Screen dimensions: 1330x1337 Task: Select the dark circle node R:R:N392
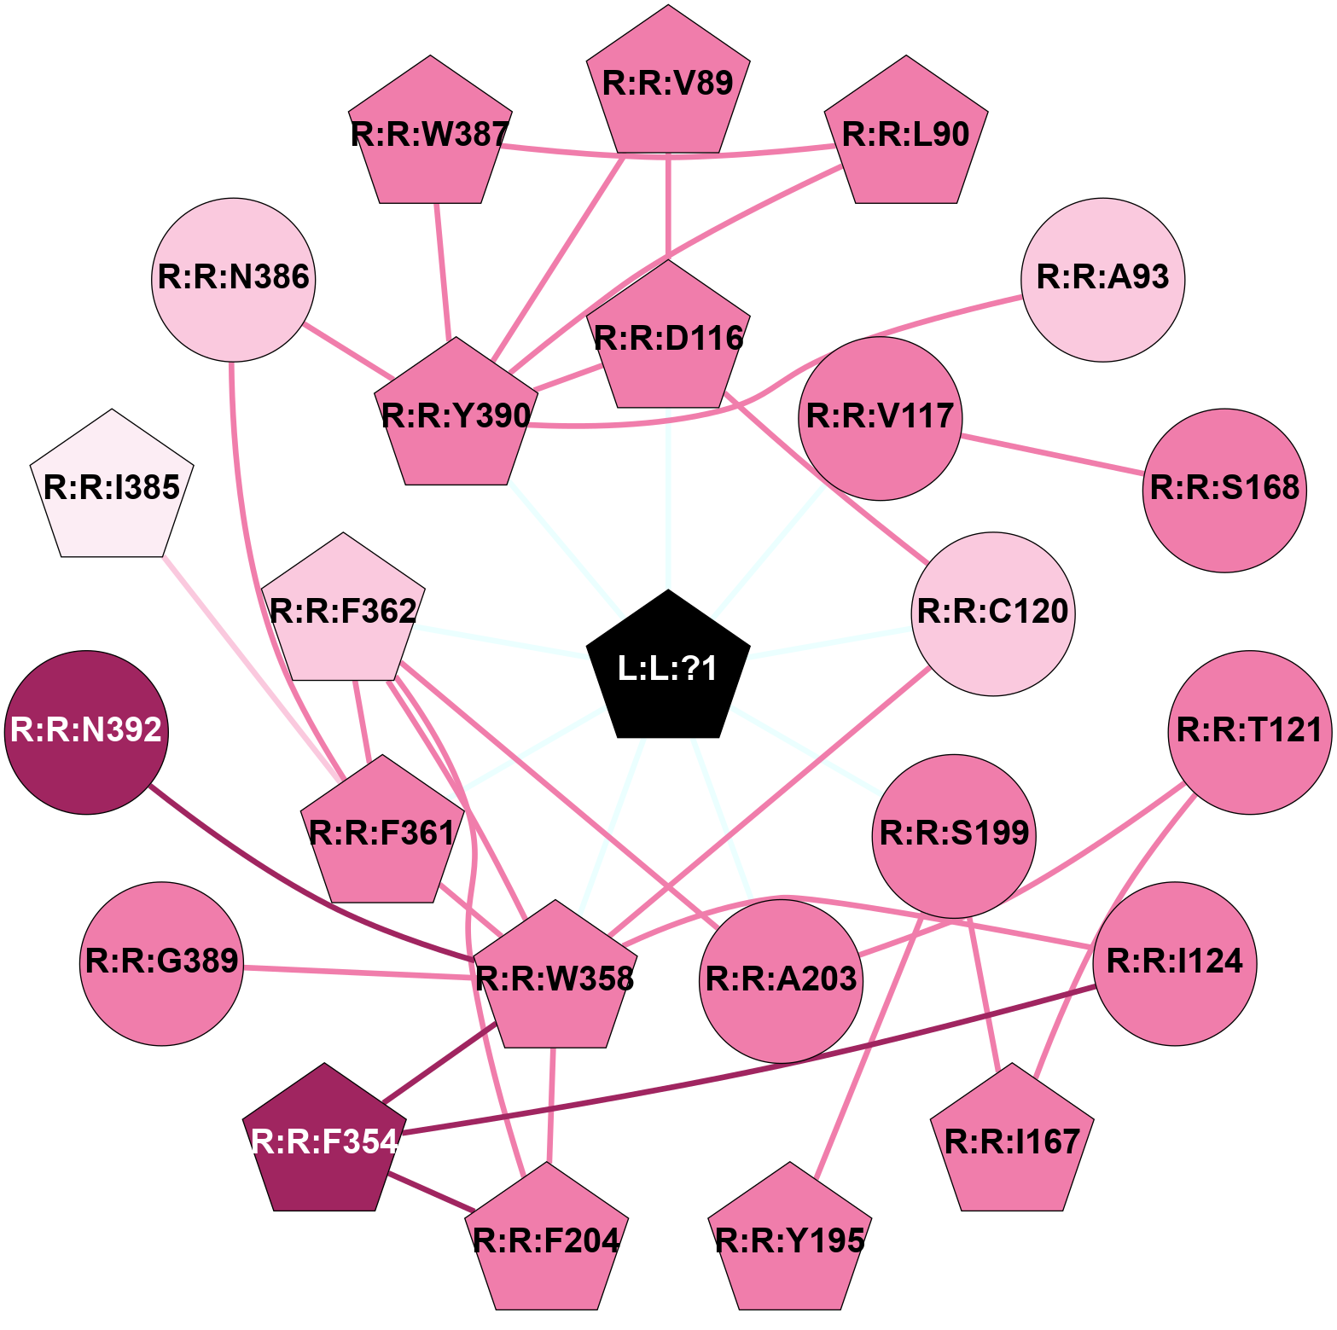pos(86,732)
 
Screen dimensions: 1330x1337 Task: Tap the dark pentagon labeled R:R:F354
pos(324,1141)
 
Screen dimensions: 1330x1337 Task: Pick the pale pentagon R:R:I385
pos(112,488)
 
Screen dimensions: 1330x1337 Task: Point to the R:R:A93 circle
pos(1102,279)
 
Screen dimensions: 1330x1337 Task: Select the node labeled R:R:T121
pos(1249,732)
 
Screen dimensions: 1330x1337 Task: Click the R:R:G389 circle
pos(162,963)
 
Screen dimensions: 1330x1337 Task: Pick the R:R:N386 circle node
pos(234,279)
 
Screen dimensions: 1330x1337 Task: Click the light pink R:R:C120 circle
pos(993,613)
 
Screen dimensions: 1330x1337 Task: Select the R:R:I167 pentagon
pos(1012,1141)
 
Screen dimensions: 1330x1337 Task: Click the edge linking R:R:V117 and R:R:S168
pos(1051,454)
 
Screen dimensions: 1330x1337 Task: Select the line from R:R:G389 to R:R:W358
pos(358,972)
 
